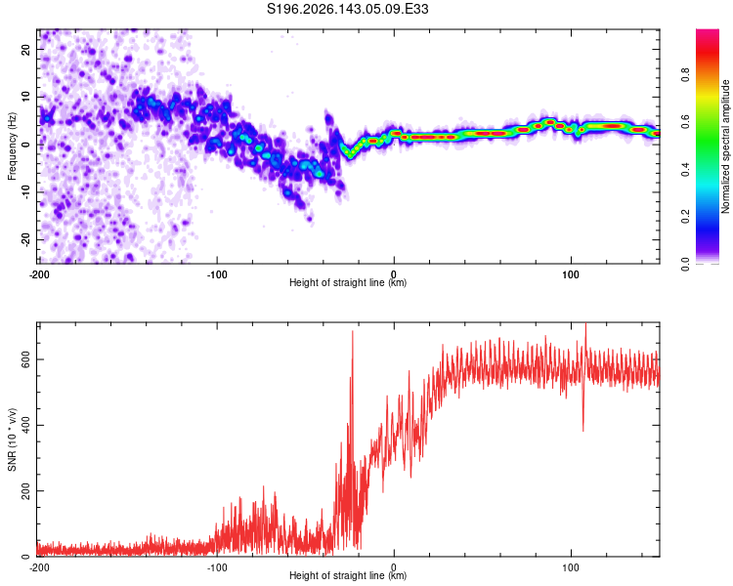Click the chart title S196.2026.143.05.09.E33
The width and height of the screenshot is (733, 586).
coord(347,9)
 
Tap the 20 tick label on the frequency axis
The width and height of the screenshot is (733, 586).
coord(25,49)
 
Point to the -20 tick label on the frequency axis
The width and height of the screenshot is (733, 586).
coord(25,240)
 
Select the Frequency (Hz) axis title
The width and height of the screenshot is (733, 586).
coord(12,146)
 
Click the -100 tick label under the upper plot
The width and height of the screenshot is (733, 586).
coord(217,274)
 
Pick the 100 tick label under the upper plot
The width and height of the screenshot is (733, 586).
coord(571,274)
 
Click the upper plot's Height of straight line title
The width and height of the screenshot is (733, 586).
coord(348,282)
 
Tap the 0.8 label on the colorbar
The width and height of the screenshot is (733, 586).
coord(685,75)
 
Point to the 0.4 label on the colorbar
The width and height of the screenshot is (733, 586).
coord(685,170)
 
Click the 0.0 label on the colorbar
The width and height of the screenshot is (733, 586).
coord(685,265)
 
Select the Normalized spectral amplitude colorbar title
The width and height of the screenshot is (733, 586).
coord(725,146)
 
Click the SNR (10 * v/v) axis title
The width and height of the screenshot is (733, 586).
coord(12,439)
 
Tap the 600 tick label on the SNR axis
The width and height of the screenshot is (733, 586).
coord(25,359)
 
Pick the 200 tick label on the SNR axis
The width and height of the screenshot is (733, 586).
coord(25,490)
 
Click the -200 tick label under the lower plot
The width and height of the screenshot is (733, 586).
coord(39,567)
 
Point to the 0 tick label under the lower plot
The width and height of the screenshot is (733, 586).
coord(394,567)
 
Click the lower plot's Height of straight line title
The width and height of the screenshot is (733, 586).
coord(348,575)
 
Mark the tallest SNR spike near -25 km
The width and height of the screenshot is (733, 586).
coord(353,331)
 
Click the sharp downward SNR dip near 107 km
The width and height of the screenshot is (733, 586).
coord(582,430)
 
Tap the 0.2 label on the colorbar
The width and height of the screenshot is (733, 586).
coord(685,217)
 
